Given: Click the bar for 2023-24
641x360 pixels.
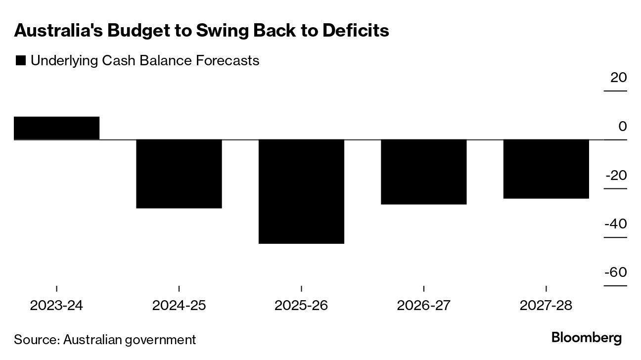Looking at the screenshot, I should pos(56,128).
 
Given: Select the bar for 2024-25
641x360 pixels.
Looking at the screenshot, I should pos(179,174).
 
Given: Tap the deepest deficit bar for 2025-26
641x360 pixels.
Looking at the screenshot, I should pos(301,191).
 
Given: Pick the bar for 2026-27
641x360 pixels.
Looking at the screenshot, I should pos(424,172).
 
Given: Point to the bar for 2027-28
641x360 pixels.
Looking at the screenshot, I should pos(546,169).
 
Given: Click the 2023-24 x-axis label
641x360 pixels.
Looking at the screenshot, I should pos(56,305).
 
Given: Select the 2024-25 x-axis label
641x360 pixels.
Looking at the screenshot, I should pos(179,305).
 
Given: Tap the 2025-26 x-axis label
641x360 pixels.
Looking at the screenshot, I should pos(301,305).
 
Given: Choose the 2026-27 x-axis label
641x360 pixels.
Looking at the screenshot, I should pos(424,305).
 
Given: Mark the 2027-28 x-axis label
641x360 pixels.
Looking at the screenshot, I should pos(546,305).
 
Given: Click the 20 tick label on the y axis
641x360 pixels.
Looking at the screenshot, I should pos(618,78).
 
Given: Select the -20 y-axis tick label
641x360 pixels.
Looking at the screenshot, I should pos(616,176).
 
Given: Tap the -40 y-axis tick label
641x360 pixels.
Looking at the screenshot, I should pos(616,224).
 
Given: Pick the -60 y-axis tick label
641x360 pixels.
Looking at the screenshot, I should pos(616,272).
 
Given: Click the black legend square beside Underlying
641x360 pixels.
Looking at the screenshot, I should pos(21,61).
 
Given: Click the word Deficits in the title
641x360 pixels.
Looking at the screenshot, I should pos(356,31).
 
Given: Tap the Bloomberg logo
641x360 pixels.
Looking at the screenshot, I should pos(587,338).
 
